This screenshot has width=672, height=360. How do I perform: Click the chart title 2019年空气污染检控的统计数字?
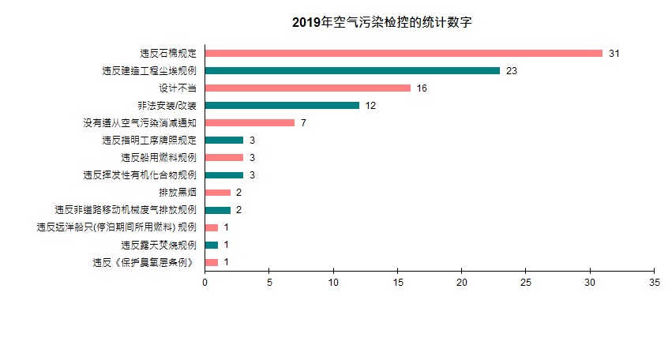pos(381,22)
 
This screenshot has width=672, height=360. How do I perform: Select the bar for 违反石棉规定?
pos(404,54)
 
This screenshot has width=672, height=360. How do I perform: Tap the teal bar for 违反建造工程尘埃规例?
pos(352,71)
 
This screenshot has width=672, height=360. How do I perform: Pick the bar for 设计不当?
pos(307,88)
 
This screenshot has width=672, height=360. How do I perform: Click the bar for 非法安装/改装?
pos(282,106)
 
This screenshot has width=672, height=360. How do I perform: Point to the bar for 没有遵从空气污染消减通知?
pos(250,123)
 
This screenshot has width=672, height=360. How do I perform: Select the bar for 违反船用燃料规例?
pos(223,158)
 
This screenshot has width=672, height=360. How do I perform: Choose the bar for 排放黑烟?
pos(217,193)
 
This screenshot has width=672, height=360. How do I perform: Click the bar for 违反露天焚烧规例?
pos(211,245)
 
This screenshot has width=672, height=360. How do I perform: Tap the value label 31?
pos(614,54)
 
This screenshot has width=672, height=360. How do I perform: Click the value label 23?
pos(511,71)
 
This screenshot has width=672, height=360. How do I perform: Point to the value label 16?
pos(422,88)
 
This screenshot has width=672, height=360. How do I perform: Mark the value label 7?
pos(303,123)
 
